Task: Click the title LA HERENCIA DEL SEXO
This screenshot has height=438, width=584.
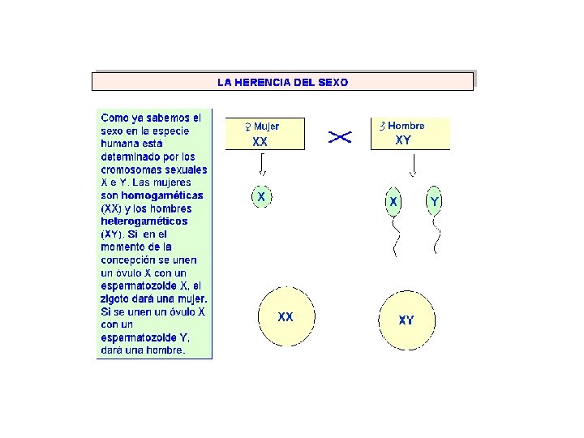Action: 282,82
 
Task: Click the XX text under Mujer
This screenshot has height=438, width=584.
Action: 260,141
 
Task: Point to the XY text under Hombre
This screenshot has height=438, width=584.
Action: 403,140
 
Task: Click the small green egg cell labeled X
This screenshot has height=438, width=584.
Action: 260,197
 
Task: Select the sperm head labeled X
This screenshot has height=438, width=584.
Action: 393,200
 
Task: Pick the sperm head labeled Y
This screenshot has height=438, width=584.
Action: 436,200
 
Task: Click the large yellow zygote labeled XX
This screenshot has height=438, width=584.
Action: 286,317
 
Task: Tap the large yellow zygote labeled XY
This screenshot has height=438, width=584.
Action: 406,320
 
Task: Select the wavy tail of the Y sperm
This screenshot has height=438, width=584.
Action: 436,236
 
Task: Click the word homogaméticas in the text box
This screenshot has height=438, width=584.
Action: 162,195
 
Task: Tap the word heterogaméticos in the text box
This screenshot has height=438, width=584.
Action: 144,221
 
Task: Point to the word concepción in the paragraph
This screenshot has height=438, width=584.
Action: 130,260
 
